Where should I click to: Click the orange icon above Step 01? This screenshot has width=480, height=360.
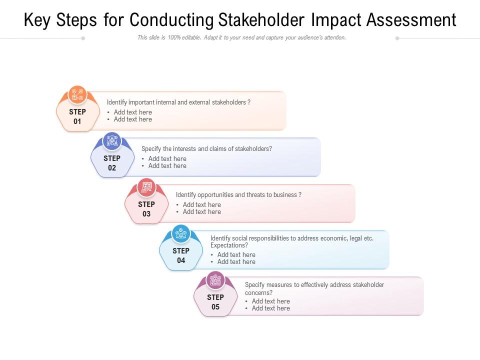[x=77, y=94]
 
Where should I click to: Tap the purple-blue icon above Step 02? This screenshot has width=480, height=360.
[x=112, y=141]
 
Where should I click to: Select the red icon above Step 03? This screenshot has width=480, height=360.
[x=146, y=187]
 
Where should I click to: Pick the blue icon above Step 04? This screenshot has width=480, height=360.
[x=181, y=234]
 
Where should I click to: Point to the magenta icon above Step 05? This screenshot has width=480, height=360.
[x=215, y=280]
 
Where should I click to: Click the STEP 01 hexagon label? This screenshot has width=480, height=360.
[x=77, y=116]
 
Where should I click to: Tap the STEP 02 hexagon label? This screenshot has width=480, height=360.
[x=112, y=163]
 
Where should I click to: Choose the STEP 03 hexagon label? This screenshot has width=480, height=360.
[x=146, y=209]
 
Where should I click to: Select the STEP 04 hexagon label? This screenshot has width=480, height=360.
[x=181, y=255]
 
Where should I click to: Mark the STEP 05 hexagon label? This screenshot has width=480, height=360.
[x=215, y=302]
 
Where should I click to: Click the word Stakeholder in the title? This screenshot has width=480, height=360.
[x=261, y=20]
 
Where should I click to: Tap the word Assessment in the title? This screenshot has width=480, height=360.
[x=411, y=20]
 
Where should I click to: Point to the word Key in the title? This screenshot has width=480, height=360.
[x=37, y=20]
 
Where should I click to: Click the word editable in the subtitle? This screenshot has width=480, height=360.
[x=191, y=37]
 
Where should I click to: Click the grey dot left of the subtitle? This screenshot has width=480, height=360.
[x=83, y=38]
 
